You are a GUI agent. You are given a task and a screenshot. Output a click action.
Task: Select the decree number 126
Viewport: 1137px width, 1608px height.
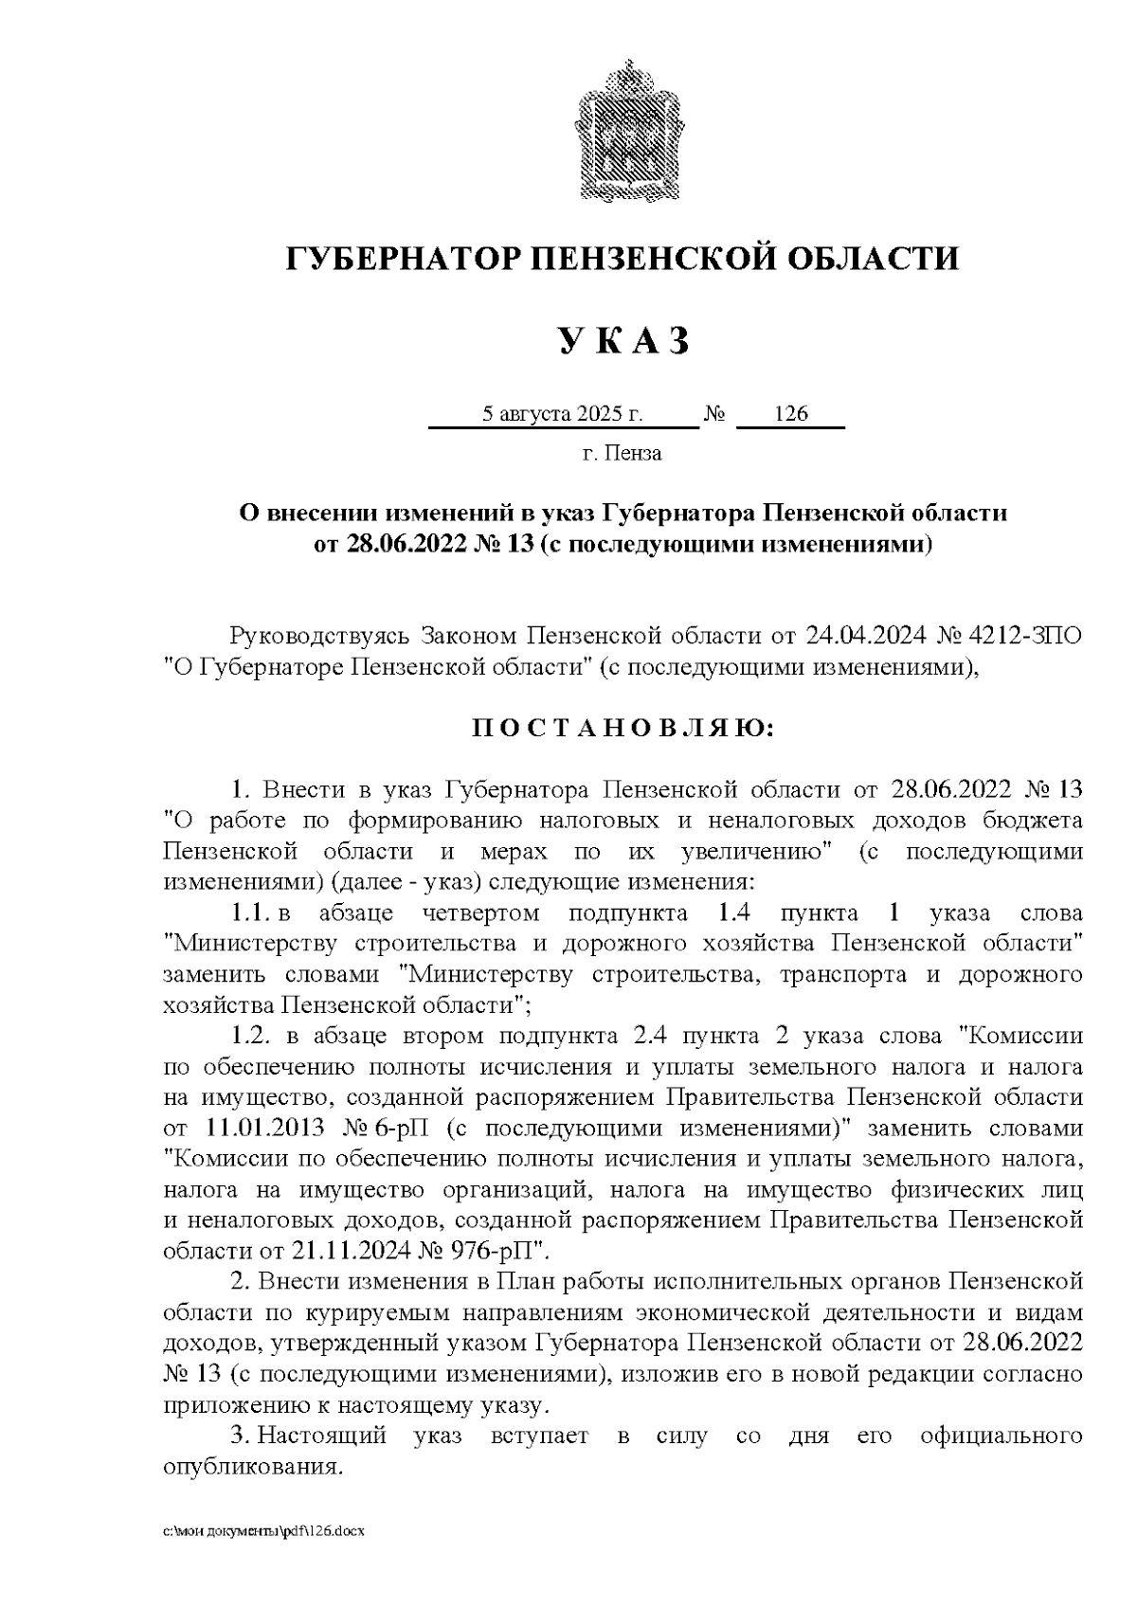coord(790,414)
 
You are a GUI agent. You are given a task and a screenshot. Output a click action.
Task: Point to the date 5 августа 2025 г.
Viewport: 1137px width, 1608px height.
coord(563,414)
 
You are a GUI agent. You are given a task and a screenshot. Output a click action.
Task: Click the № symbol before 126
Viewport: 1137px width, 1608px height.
coord(715,414)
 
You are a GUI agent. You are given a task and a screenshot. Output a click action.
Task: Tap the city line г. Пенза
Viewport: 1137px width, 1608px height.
coord(622,453)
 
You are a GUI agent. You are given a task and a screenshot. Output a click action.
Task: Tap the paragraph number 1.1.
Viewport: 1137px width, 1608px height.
coord(251,913)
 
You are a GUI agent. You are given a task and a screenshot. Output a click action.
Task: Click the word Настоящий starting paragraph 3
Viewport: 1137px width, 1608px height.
coord(322,1436)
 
